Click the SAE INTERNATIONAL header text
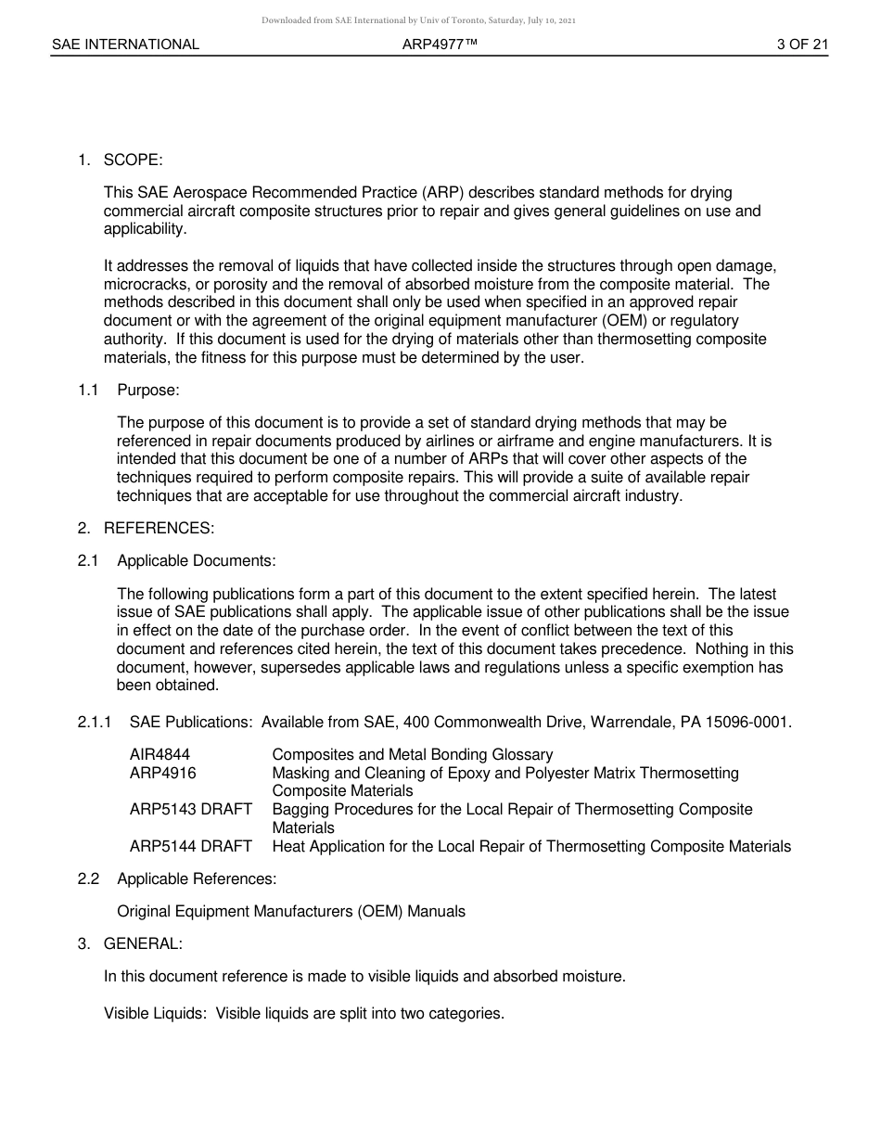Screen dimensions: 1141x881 [x=125, y=44]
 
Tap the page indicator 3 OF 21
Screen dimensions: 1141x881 [x=802, y=44]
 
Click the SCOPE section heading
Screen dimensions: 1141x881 [x=133, y=160]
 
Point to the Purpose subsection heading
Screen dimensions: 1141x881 [x=148, y=391]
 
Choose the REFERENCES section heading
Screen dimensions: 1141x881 [x=159, y=528]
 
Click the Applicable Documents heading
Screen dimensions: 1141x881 [x=196, y=560]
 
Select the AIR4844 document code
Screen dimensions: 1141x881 [x=160, y=755]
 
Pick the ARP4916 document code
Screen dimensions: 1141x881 [x=162, y=773]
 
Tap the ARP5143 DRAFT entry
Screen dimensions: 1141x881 [x=190, y=809]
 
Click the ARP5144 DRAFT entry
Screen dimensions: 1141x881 [x=190, y=846]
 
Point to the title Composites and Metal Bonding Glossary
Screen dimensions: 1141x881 [x=412, y=755]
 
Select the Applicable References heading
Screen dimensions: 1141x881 [x=197, y=878]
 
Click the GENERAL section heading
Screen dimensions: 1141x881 [x=143, y=943]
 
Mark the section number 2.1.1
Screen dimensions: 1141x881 [x=95, y=722]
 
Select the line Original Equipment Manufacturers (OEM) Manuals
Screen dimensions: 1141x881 [x=291, y=911]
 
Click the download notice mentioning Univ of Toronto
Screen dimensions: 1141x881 [x=418, y=19]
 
